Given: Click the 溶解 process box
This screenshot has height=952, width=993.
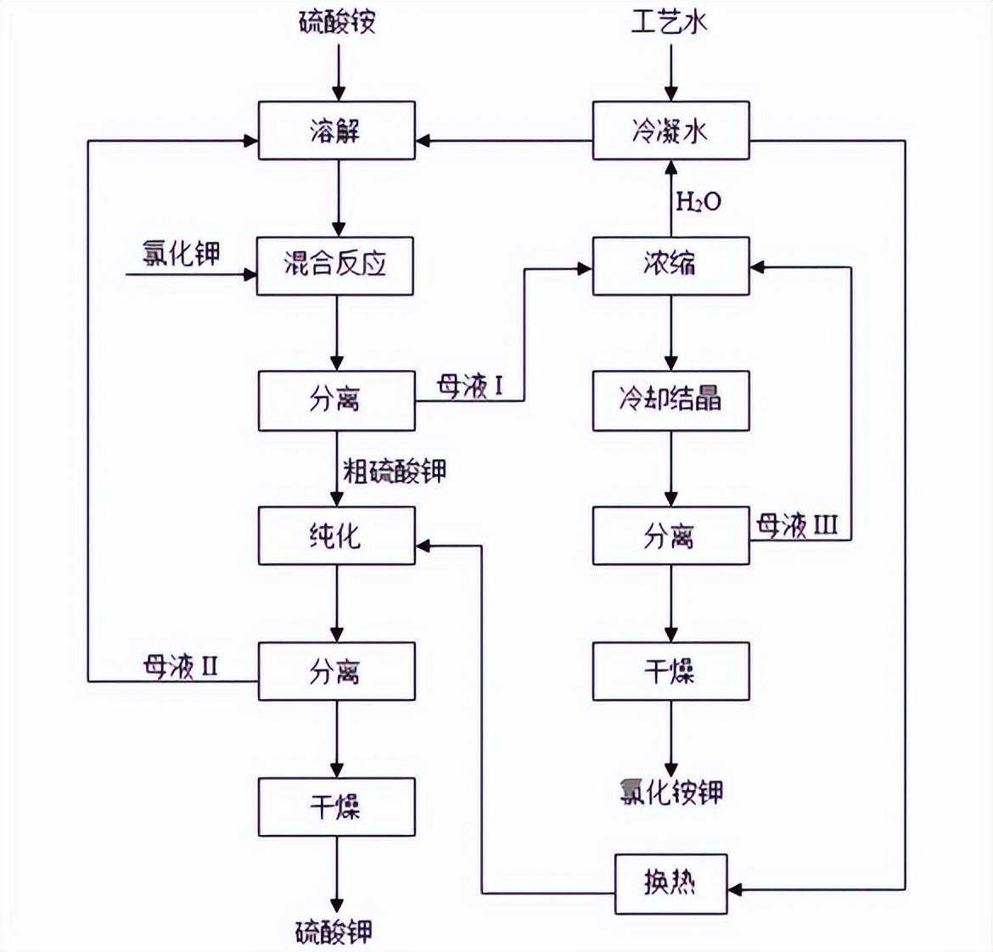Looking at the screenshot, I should pos(336,131).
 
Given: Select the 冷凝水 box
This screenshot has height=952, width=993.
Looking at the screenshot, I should pos(670,131).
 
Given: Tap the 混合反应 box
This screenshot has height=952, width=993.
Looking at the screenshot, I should pos(335,266).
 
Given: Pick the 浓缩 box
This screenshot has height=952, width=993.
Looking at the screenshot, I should pos(670,266).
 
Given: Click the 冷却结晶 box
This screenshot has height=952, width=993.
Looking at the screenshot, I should pos(670,400).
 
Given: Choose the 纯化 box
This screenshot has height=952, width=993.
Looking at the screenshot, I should pos(336,535).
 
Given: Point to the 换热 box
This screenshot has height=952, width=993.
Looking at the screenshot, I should pos(670,883).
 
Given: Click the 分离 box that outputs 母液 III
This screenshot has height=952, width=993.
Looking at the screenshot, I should pos(670,535).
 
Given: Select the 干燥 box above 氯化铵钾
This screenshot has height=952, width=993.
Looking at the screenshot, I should pos(670,671).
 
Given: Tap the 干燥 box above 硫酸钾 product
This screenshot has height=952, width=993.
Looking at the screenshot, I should pos(336,807).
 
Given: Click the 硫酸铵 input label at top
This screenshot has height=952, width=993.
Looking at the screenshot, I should pos(337,21).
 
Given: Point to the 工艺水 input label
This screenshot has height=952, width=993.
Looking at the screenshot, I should pos(669,21).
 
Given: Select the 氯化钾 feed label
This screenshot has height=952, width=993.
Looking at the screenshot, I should pos(181,253).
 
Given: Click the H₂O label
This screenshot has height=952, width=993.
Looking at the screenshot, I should pos(698,201).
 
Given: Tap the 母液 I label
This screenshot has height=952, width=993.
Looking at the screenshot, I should pos(470,387).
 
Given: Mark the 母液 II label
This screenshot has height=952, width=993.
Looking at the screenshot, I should pos(181,667).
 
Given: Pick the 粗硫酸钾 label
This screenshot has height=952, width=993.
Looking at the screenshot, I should pos(394,471).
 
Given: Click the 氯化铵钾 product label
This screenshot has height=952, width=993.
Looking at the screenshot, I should pos(670,792).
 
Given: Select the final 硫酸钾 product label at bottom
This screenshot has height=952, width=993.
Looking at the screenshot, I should pos(334,932).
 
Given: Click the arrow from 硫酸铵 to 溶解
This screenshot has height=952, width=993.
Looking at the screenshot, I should pos(338,72).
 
